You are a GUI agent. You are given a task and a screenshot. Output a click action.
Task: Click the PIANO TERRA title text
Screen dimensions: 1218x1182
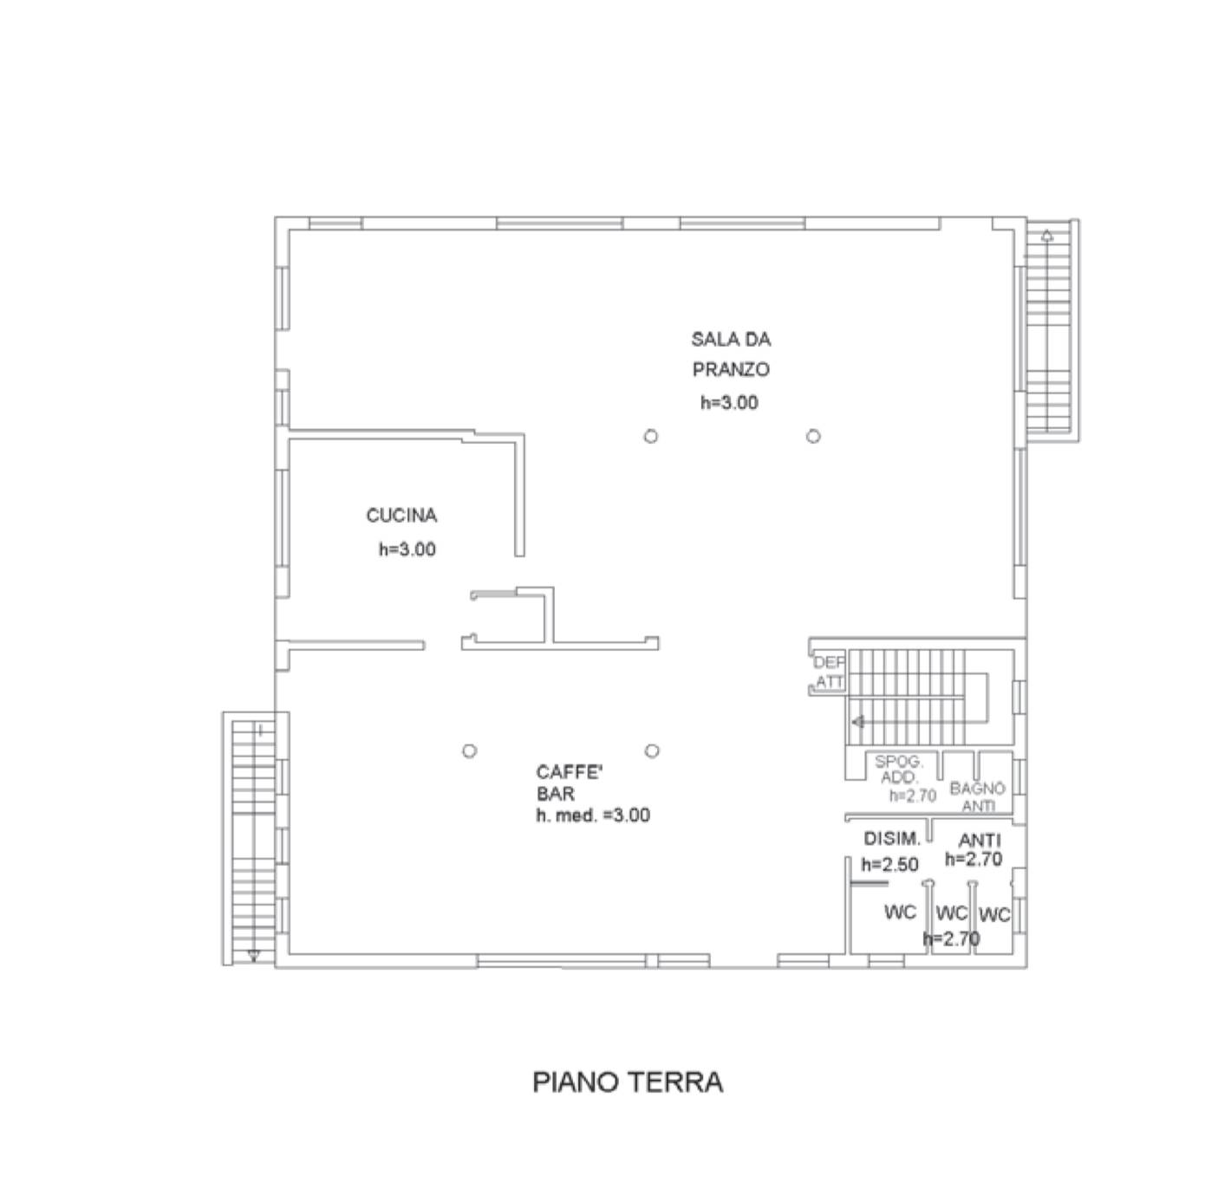[x=627, y=1081]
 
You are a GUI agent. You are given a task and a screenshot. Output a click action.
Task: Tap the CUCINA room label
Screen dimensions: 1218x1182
[x=401, y=516]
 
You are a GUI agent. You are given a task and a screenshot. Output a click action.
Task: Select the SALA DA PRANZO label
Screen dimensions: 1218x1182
[x=731, y=354]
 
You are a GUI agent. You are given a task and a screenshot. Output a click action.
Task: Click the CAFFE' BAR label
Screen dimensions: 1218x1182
[x=569, y=783]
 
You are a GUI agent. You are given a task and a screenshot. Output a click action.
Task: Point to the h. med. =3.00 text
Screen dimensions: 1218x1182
[x=593, y=815]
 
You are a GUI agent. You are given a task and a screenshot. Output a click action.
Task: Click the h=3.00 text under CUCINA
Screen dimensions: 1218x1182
[x=407, y=549]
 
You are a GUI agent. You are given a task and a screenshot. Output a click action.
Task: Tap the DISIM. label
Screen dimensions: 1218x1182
[x=892, y=838]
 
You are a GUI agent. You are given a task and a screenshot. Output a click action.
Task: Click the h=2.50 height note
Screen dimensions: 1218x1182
[x=889, y=864]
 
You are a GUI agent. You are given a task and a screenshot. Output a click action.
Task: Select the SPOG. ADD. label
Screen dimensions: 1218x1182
[x=899, y=770]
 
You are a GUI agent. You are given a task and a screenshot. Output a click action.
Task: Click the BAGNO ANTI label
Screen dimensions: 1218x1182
[x=978, y=796]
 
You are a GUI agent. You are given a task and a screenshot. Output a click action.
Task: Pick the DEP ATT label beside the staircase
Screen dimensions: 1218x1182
[x=830, y=672]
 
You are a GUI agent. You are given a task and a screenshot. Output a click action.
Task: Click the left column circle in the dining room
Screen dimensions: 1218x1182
[x=651, y=436]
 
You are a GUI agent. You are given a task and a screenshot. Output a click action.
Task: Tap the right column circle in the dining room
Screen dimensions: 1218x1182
[x=813, y=436]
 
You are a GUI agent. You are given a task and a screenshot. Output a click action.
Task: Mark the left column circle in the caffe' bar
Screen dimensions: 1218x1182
[x=469, y=750]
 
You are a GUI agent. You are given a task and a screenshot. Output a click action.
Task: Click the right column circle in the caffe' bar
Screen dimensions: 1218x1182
[x=652, y=750]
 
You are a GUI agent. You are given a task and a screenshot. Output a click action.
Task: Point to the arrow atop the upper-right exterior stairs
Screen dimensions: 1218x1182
[x=1047, y=236]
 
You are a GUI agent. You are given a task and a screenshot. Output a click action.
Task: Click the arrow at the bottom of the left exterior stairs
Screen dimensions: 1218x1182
[x=253, y=955]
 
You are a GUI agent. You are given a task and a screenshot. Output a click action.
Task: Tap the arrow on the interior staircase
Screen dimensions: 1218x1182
[x=858, y=722]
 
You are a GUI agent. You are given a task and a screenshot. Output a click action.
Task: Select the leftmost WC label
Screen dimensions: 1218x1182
[x=900, y=912]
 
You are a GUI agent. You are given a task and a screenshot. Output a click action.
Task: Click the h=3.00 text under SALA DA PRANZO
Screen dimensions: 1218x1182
[x=729, y=402]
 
